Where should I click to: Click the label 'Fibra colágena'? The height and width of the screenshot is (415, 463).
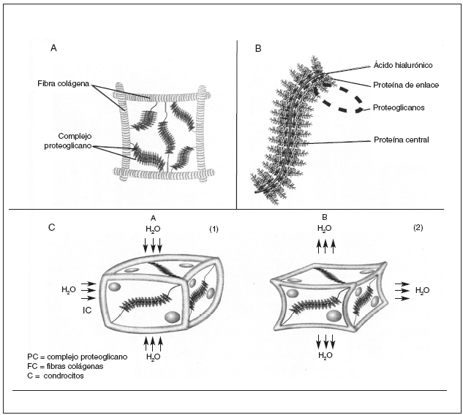pyautogui.click(x=63, y=85)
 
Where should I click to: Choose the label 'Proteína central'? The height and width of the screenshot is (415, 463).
pyautogui.click(x=401, y=139)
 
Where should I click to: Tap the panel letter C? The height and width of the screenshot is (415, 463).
pyautogui.click(x=50, y=228)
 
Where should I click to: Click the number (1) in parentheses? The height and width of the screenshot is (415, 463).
pyautogui.click(x=214, y=229)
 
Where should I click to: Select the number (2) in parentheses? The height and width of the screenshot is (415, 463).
pyautogui.click(x=418, y=228)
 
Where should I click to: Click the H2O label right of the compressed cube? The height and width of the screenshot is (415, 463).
pyautogui.click(x=422, y=290)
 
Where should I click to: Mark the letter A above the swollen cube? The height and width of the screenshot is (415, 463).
pyautogui.click(x=153, y=217)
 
